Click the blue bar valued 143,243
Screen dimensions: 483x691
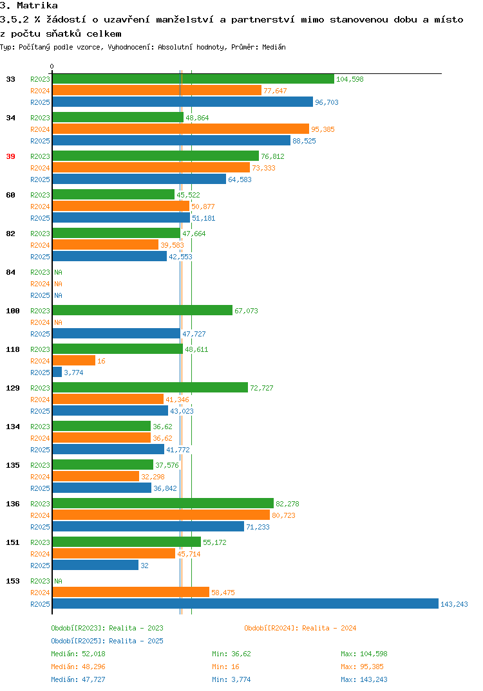pos(245,603)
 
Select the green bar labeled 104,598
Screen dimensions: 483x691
pos(193,79)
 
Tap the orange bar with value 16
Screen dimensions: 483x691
pos(73,360)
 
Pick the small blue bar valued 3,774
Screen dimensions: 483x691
pos(57,372)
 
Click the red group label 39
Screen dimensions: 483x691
pos(10,156)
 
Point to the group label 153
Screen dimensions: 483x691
pos(13,581)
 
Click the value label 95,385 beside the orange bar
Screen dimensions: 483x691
pos(323,129)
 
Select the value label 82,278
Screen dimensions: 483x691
pos(288,504)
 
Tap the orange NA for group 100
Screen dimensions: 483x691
pos(58,322)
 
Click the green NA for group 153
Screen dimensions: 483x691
pos(58,581)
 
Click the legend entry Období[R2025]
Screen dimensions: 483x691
pos(78,641)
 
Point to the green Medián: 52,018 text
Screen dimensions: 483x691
pos(78,654)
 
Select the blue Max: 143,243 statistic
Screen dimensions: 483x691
pos(364,679)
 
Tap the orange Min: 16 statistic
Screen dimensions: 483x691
pos(225,667)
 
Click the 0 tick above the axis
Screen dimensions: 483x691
pos(52,66)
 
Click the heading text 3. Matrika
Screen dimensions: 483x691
pos(29,5)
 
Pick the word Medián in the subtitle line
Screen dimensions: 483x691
pos(274,47)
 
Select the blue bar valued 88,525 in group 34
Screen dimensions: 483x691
pos(171,140)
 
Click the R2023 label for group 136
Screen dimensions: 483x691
pos(40,504)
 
